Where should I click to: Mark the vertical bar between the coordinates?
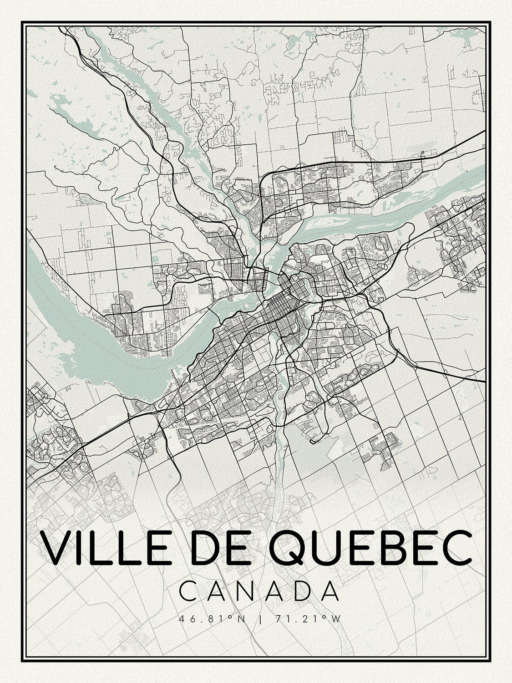tap(259, 619)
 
